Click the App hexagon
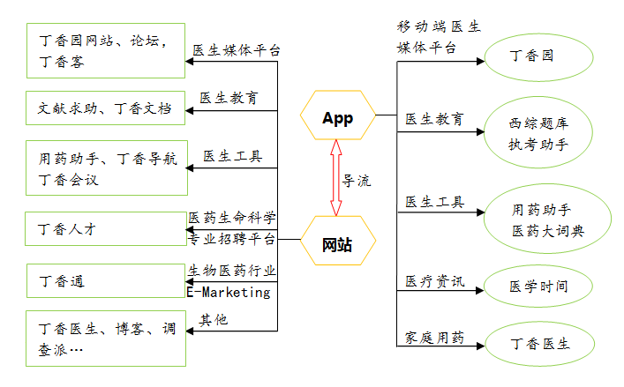337,118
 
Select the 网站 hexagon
337,244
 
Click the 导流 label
357,181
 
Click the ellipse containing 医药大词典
548,220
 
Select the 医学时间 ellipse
539,287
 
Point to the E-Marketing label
229,293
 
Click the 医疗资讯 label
434,280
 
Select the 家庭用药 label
434,338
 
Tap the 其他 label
214,319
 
